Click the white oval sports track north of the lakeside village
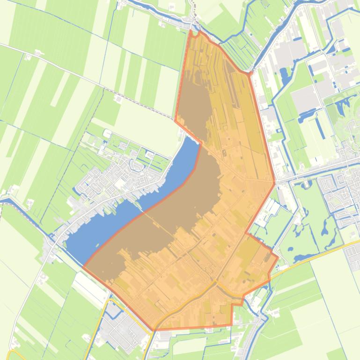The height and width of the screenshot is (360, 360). tap(108, 134)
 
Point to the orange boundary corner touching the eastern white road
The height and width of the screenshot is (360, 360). tap(274, 182)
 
